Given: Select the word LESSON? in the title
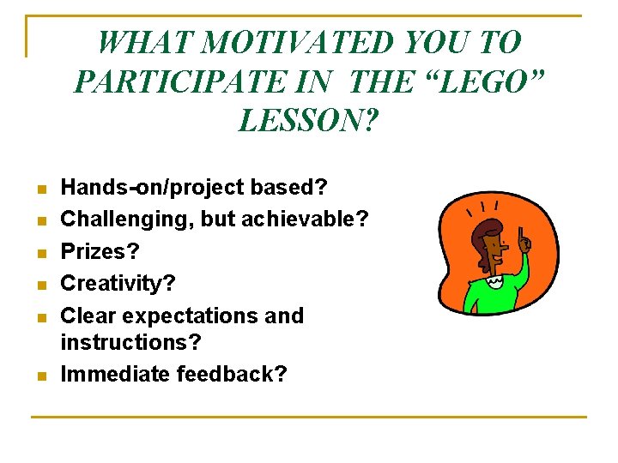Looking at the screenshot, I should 308,121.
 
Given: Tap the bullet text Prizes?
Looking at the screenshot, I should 100,251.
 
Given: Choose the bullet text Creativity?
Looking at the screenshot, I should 117,283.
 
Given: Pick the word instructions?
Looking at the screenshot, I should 130,342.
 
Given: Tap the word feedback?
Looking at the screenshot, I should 232,374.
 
